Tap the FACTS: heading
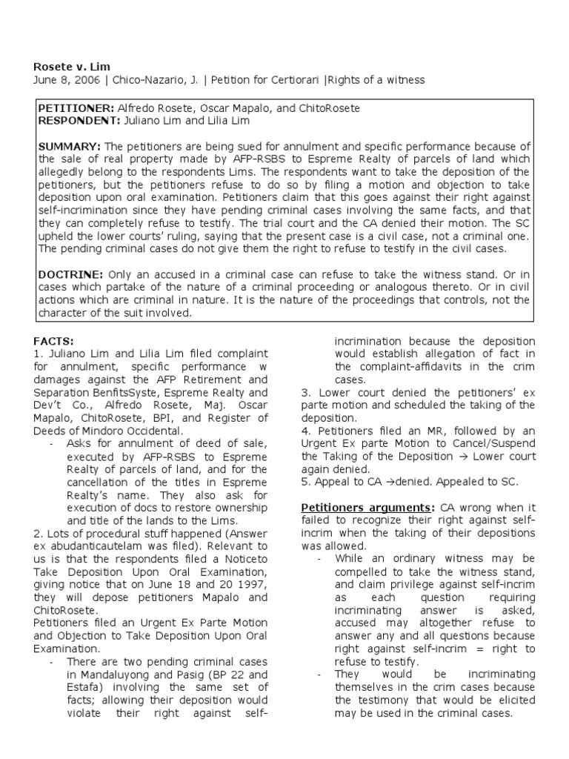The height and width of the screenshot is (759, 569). coord(54,341)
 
